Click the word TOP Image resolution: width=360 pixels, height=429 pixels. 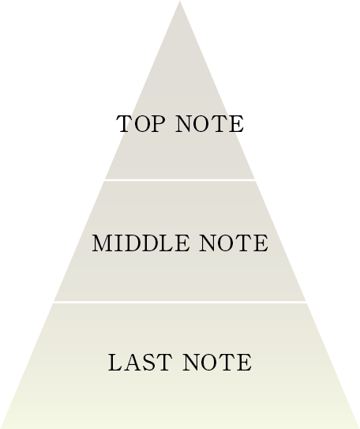141,124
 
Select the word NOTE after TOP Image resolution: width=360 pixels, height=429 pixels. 210,124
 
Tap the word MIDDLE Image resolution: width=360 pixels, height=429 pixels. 141,243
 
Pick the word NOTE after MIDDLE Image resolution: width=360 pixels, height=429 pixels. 234,243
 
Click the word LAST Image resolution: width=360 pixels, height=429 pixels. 141,363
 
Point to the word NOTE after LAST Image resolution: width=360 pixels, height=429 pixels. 218,363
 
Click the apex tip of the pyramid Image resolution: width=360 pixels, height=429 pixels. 179,1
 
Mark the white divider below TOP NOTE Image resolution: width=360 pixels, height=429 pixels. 180,180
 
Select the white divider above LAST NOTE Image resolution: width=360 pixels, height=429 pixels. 180,302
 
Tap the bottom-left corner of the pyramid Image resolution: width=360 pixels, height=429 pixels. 1,428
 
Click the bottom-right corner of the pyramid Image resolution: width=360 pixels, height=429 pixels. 359,428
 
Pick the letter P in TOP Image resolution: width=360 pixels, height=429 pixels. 158,124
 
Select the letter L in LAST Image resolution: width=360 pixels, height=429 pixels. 115,363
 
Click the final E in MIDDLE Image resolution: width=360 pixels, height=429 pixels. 182,243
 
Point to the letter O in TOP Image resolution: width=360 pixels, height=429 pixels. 142,124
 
